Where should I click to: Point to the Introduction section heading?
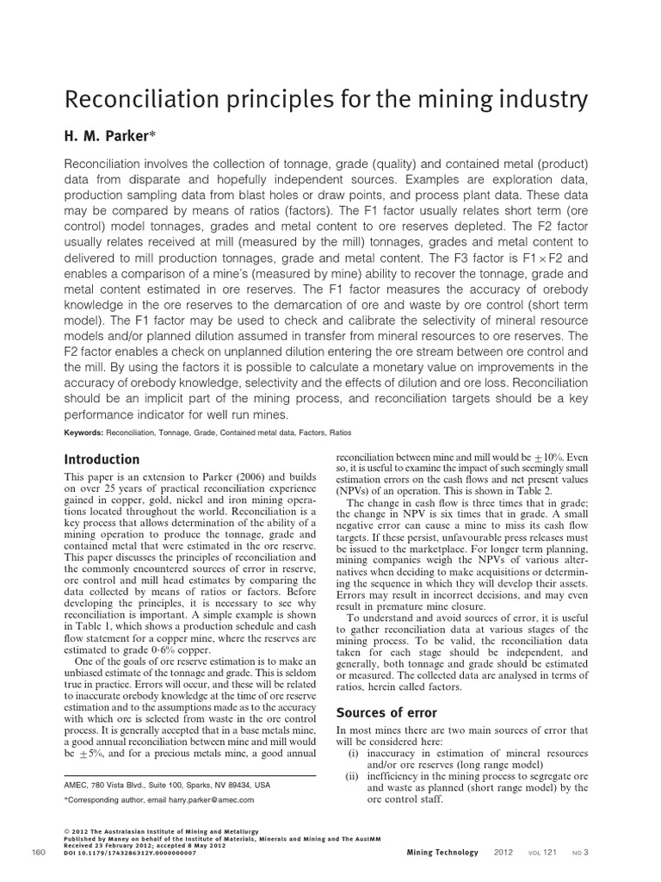[102, 459]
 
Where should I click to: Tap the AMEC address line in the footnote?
[168, 785]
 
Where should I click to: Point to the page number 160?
[38, 853]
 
